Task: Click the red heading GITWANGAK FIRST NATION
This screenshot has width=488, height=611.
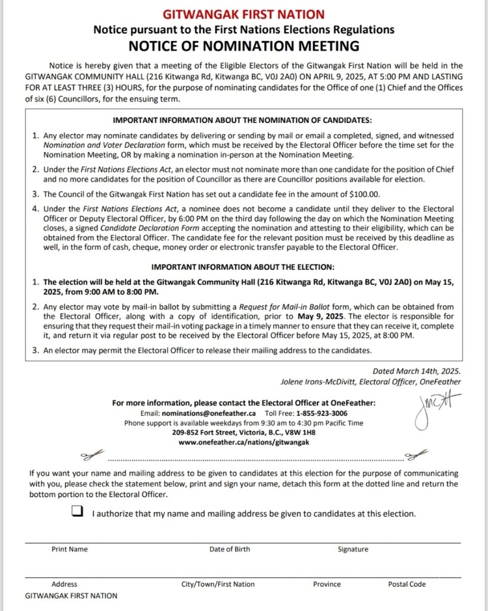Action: coord(244,14)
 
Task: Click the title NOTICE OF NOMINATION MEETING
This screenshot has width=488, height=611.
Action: coord(244,46)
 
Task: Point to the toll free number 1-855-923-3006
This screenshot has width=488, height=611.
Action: coord(315,413)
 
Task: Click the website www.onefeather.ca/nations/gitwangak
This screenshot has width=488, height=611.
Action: coord(244,442)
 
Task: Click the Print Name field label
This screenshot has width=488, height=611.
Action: coord(69,549)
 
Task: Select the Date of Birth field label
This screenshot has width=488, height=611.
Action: coord(230,549)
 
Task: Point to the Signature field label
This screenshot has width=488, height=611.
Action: coord(353,549)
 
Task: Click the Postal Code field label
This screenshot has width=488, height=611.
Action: coord(407,584)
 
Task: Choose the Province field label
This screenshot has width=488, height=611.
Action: coord(327,584)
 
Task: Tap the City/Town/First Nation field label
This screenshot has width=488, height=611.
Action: coord(218,584)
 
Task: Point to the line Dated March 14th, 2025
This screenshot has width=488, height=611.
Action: coord(416,371)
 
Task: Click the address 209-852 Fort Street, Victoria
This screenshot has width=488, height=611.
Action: coord(244,433)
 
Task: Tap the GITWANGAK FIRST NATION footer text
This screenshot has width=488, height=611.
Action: coord(71,595)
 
